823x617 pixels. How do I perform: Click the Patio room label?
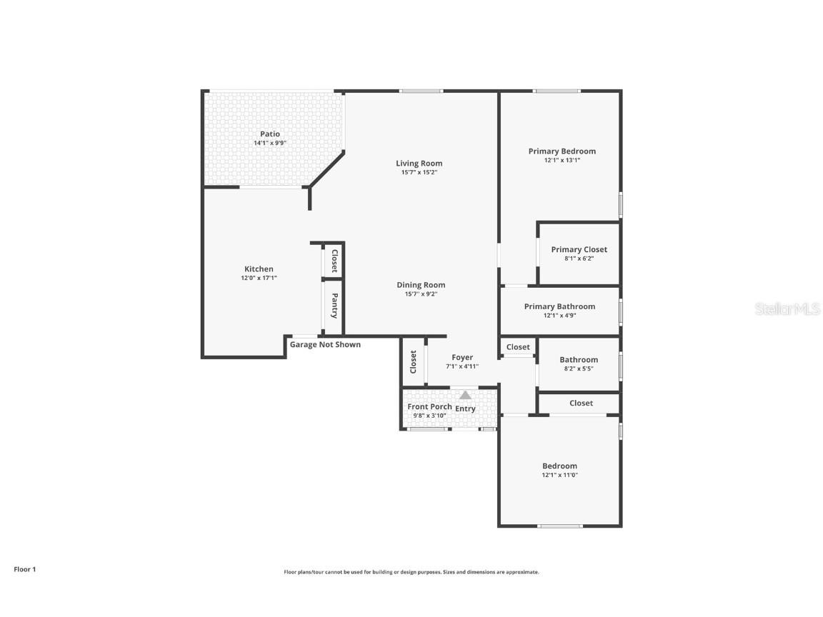(270, 134)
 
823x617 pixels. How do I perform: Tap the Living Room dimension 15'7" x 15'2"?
(419, 172)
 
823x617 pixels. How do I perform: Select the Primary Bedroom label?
(562, 151)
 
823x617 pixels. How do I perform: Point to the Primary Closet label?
(579, 250)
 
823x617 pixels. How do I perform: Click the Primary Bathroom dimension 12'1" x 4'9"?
(559, 316)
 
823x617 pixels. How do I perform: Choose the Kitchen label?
(259, 269)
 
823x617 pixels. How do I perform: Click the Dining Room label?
(422, 285)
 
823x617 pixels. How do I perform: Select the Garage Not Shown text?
(325, 345)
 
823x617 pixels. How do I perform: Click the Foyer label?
(462, 358)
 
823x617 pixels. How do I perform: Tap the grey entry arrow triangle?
(466, 395)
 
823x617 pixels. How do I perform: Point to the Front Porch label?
(429, 407)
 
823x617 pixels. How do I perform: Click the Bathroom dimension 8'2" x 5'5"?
(579, 369)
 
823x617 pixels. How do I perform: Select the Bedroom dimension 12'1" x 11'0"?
(559, 475)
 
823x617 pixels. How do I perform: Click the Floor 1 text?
(24, 570)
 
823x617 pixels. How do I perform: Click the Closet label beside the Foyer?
(414, 361)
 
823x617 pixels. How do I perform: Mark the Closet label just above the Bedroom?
(582, 403)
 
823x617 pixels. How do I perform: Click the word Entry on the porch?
(466, 409)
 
